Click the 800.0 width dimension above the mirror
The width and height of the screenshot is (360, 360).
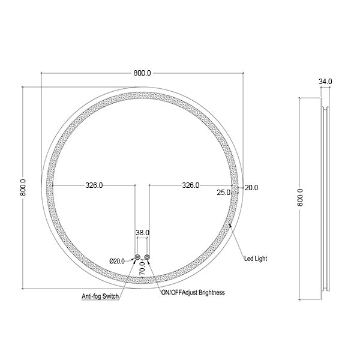(x=142, y=73)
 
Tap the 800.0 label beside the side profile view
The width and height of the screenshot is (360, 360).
(x=301, y=196)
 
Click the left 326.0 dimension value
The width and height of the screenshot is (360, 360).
(x=93, y=186)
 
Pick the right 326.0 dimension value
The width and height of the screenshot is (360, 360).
(x=190, y=186)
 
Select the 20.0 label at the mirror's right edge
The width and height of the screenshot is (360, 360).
(x=251, y=187)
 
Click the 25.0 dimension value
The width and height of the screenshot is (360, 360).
(x=224, y=193)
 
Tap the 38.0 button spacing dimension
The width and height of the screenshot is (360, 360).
(x=142, y=232)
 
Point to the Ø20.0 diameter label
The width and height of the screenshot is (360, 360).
(x=117, y=260)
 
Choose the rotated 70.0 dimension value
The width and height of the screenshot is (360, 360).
(x=142, y=267)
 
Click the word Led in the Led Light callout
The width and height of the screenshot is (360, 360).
(x=249, y=259)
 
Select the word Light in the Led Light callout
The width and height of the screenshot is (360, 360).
(x=261, y=259)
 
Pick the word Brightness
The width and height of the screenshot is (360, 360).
(x=210, y=292)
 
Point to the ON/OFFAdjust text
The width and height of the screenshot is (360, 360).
(x=178, y=292)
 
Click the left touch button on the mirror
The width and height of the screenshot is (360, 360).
(x=138, y=257)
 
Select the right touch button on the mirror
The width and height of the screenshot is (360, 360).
(x=147, y=257)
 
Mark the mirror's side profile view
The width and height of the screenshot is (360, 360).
(x=325, y=198)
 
